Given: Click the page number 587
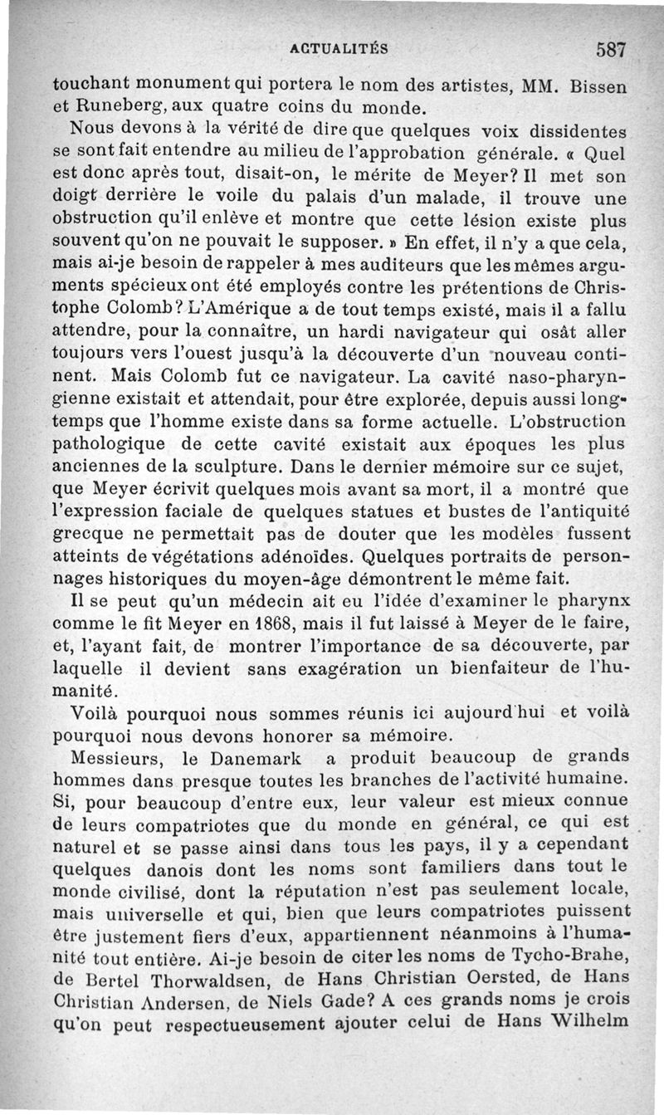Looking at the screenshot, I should [611, 49].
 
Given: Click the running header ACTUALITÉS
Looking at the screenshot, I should [339, 49].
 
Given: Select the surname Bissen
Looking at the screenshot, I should [599, 85].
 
